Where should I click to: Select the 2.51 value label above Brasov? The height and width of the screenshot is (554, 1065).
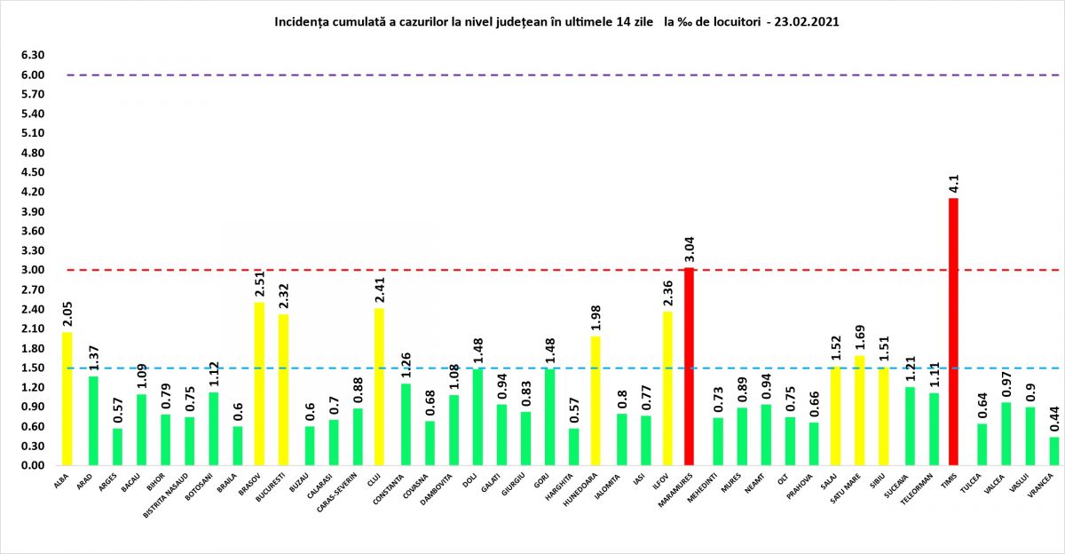click(x=259, y=284)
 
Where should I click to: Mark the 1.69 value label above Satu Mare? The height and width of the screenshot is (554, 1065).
click(x=859, y=338)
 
